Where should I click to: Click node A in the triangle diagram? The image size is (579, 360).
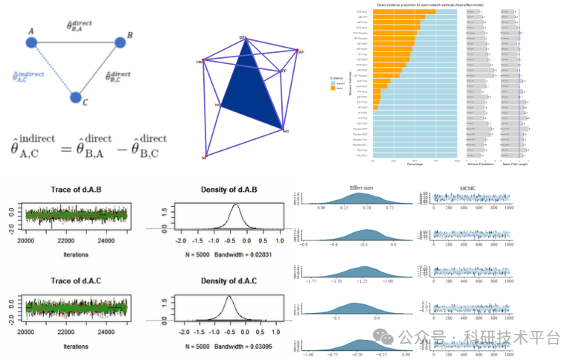pos(32,42)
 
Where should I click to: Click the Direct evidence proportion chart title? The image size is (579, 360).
pos(415,4)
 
